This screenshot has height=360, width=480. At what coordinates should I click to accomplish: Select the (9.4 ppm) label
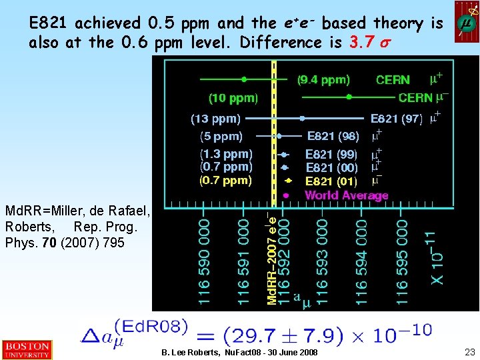tap(323, 80)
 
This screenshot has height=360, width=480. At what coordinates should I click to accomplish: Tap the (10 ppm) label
tap(233, 98)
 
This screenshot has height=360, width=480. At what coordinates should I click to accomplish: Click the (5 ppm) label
tap(221, 137)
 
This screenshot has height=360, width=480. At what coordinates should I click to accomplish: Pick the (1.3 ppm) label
tap(227, 154)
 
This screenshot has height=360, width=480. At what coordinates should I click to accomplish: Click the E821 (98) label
tap(333, 137)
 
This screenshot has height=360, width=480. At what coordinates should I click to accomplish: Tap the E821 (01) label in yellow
tap(331, 181)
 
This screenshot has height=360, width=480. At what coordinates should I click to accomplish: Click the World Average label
tap(346, 195)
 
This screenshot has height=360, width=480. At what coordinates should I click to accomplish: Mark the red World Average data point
tap(286, 195)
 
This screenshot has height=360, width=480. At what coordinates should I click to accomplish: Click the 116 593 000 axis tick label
tap(321, 260)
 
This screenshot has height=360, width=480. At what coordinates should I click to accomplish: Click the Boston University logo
tap(26, 350)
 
